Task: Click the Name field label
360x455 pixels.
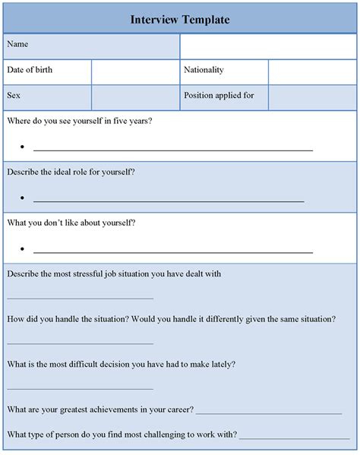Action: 18,45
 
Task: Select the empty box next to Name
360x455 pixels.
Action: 267,46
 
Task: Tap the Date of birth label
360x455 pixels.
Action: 30,70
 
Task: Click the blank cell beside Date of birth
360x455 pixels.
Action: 135,71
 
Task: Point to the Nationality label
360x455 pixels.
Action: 204,70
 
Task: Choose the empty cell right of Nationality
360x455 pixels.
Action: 311,71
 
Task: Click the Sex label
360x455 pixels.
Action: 14,96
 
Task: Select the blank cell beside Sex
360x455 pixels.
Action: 135,96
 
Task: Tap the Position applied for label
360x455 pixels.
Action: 219,96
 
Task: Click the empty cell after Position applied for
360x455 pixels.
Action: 311,96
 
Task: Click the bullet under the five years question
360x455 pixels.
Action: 23,147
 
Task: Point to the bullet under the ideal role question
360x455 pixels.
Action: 23,198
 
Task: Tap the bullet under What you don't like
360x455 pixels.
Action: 23,249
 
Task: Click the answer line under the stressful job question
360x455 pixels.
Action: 81,299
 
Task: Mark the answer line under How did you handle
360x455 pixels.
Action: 81,343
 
